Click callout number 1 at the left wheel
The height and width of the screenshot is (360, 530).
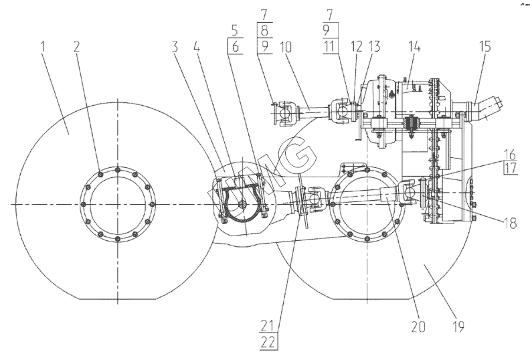(x=43, y=47)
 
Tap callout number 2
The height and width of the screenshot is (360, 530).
(x=77, y=47)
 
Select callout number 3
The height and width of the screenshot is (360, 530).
(x=175, y=47)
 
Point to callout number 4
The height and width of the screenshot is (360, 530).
(x=197, y=47)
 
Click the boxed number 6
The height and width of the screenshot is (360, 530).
(x=236, y=47)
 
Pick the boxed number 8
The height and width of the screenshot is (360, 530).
(x=264, y=30)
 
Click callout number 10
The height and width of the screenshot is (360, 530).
(x=286, y=47)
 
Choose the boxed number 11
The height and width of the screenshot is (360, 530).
(x=330, y=46)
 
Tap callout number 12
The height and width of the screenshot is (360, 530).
(x=356, y=47)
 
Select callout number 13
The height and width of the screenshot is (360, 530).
(x=374, y=47)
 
